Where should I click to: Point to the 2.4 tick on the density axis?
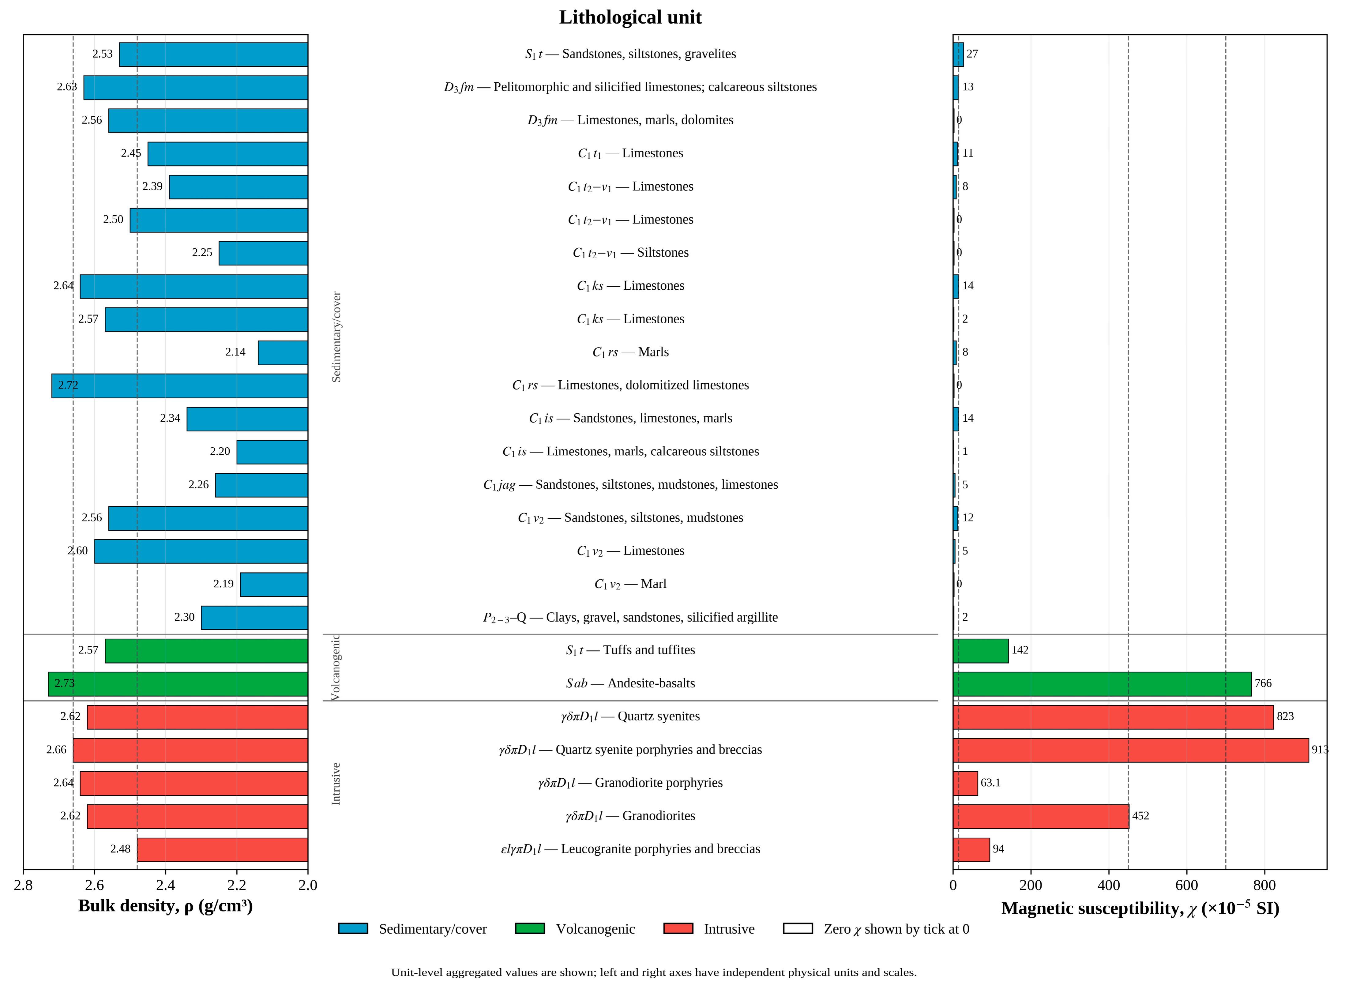(x=165, y=885)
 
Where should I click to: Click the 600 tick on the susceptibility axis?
(x=1186, y=885)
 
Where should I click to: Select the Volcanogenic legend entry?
(x=575, y=929)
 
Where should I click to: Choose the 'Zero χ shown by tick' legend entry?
(x=876, y=929)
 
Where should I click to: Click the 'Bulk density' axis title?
(x=165, y=906)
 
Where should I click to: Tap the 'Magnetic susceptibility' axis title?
(x=1140, y=908)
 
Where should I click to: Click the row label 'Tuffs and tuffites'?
(x=630, y=650)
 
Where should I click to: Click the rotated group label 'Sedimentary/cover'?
(x=336, y=337)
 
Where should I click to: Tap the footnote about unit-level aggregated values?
(x=654, y=972)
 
